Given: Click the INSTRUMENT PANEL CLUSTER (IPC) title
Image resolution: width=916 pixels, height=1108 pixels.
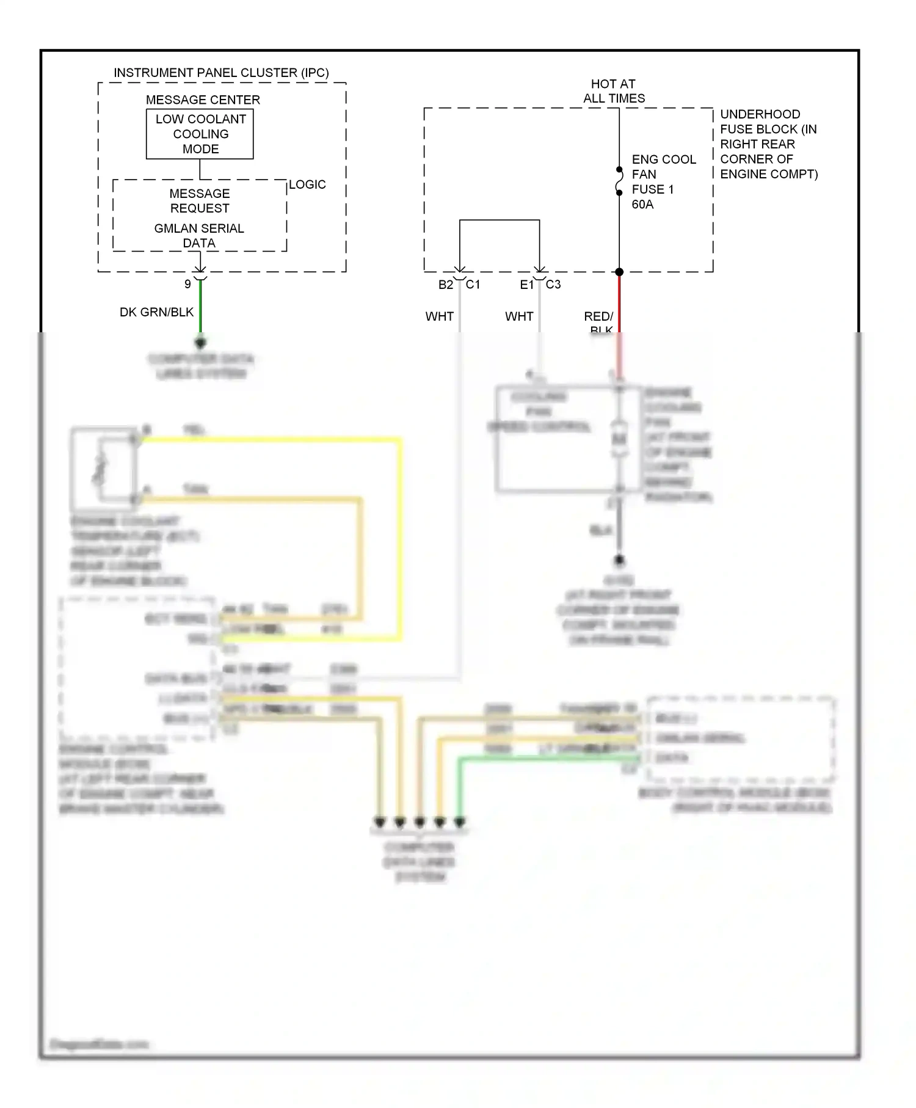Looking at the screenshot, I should [221, 73].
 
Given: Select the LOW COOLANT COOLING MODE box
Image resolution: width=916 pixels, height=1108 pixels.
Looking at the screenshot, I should [200, 134].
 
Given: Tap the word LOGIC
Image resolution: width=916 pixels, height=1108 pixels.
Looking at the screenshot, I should [307, 184].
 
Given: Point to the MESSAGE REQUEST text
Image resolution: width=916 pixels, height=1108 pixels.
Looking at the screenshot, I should [200, 201].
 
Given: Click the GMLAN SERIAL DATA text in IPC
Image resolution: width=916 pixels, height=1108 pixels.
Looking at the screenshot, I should [199, 235].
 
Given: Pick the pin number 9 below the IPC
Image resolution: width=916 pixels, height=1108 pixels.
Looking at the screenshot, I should [187, 284].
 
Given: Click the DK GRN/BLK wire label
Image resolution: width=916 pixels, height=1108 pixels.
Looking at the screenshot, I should [156, 312].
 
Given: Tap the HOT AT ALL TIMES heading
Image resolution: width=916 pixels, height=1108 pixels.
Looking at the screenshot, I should [613, 91].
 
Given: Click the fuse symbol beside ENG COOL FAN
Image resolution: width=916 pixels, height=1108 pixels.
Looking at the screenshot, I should [619, 181].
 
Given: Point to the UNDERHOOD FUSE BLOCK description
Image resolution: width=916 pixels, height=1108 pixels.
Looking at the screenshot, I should [768, 144].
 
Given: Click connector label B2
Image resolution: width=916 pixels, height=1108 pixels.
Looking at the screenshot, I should [446, 285].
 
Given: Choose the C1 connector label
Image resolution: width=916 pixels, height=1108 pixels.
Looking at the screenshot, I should [473, 285].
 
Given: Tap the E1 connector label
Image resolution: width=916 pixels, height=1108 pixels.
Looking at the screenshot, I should [526, 285].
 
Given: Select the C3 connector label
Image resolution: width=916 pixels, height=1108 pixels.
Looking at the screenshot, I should [553, 285].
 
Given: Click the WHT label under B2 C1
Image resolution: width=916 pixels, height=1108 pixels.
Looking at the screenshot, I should [440, 316].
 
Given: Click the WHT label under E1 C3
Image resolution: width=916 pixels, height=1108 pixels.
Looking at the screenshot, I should [519, 316].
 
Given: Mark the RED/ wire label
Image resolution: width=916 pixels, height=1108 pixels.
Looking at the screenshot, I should [598, 316].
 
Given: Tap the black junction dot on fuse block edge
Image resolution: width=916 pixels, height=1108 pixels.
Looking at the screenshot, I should [619, 272].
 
